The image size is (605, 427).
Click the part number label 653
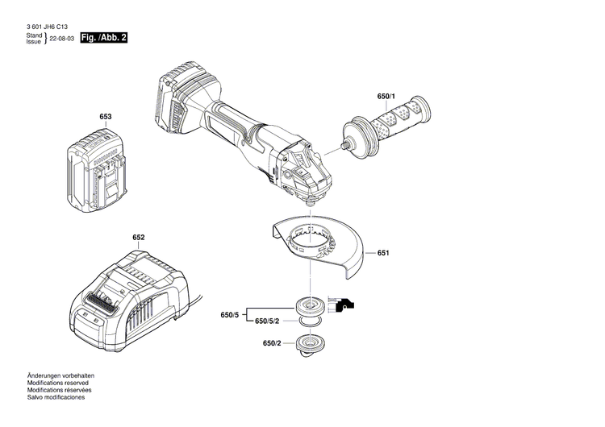click(105, 117)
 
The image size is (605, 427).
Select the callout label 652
click(139, 238)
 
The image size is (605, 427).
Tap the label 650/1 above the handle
click(386, 97)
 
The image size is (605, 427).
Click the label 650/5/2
click(267, 321)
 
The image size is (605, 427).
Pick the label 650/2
click(271, 344)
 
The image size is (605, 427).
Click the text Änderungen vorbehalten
click(60, 376)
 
